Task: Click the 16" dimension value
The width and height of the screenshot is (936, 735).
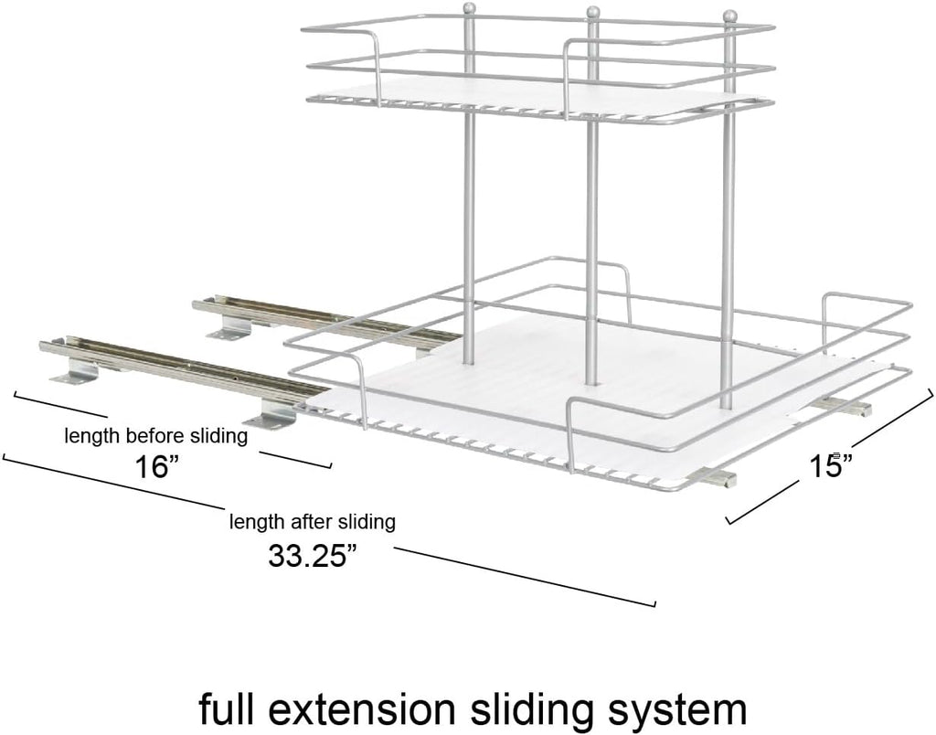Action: (x=152, y=466)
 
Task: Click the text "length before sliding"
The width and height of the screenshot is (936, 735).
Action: (x=155, y=436)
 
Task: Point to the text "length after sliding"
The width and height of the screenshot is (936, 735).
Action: (x=313, y=522)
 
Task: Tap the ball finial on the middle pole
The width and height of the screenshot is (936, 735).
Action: (x=592, y=12)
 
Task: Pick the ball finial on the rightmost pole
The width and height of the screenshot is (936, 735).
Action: (x=729, y=15)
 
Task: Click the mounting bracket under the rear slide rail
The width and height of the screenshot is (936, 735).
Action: (x=231, y=326)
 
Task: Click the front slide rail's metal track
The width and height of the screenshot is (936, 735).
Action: (x=184, y=367)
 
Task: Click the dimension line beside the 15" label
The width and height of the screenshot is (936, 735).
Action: (x=829, y=455)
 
